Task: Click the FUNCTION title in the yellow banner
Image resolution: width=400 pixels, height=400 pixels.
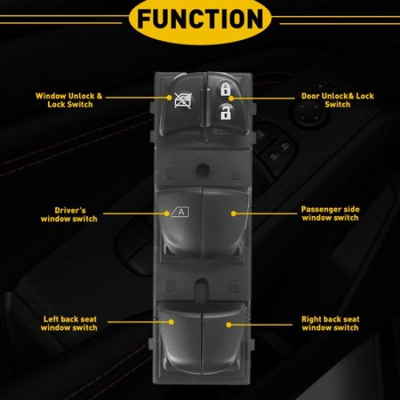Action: pos(199,17)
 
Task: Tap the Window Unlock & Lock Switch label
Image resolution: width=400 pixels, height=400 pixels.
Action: pos(70,100)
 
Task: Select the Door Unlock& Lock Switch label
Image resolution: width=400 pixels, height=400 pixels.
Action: pos(337,100)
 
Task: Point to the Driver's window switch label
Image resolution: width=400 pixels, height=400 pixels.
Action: pos(70,213)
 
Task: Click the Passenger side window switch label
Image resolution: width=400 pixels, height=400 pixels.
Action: pos(330,213)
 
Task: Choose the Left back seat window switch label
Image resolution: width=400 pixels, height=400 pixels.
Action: pos(70,323)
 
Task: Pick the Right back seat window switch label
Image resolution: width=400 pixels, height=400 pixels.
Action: pos(330,323)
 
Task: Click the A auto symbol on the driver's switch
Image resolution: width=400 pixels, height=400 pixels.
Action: pos(180,213)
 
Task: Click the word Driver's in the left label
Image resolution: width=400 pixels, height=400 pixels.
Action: pos(70,209)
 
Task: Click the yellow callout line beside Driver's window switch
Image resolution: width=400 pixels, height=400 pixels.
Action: pos(135,213)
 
